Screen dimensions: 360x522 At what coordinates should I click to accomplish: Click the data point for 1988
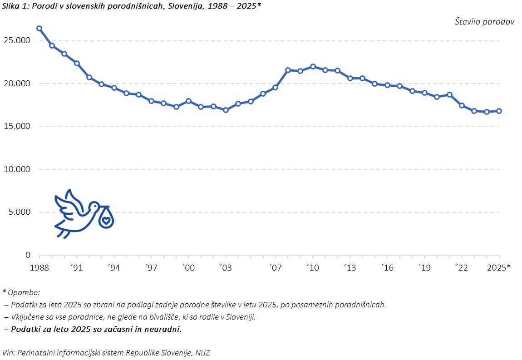pyautogui.click(x=39, y=28)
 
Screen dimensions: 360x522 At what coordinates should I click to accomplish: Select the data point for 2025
pyautogui.click(x=499, y=111)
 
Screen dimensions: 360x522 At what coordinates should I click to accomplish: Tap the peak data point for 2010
pyautogui.click(x=313, y=66)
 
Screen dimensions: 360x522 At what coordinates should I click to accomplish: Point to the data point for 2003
pyautogui.click(x=226, y=110)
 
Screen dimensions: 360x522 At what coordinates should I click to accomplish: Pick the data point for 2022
pyautogui.click(x=462, y=105)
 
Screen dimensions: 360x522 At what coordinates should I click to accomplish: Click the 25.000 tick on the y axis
pyautogui.click(x=16, y=40)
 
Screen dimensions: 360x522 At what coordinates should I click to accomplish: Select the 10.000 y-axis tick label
pyautogui.click(x=16, y=169)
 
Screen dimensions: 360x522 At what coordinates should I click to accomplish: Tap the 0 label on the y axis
pyautogui.click(x=28, y=255)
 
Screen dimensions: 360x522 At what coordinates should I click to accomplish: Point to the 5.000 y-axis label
pyautogui.click(x=19, y=212)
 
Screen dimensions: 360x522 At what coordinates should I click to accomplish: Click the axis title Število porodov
pyautogui.click(x=484, y=22)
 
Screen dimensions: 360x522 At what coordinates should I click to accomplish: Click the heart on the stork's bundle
pyautogui.click(x=106, y=221)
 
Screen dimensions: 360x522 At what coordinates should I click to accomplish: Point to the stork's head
pyautogui.click(x=94, y=207)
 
